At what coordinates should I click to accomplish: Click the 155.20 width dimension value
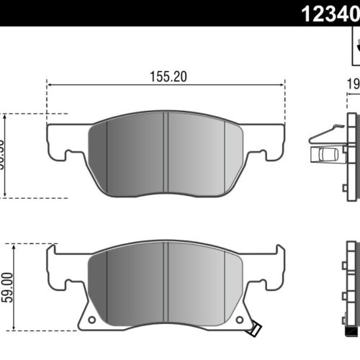(166, 76)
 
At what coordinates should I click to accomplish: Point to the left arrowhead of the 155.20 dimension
(50, 86)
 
